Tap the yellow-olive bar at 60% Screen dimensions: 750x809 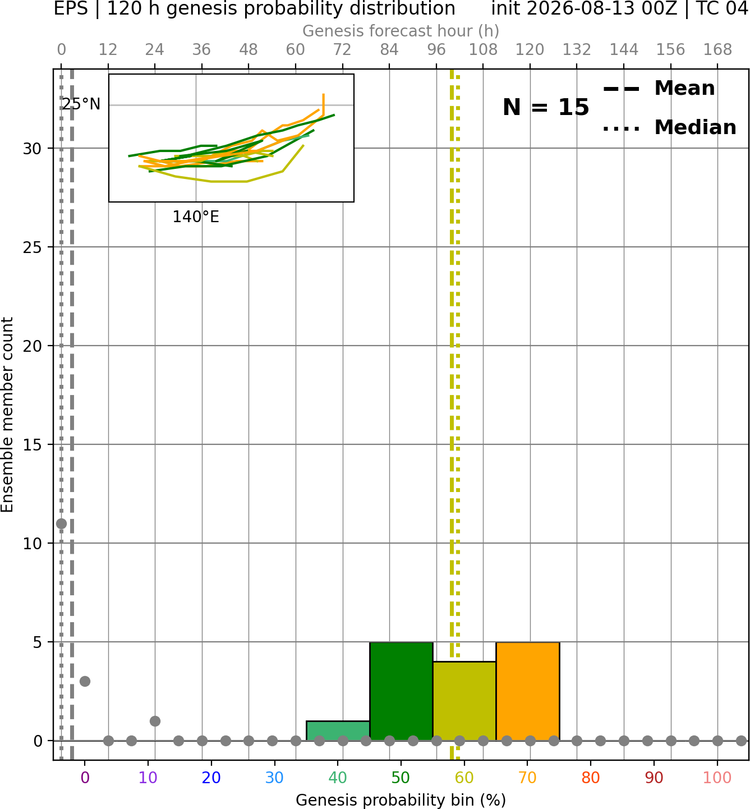[464, 701]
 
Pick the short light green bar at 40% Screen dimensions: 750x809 [338, 730]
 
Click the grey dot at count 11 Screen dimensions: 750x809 [61, 523]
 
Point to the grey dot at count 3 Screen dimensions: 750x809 [85, 681]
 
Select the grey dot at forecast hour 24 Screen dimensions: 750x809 [155, 721]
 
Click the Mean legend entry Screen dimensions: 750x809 [659, 89]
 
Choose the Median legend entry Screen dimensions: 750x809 [669, 127]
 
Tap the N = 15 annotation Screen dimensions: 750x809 [546, 107]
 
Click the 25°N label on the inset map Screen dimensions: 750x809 [81, 104]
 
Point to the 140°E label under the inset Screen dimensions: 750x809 [196, 217]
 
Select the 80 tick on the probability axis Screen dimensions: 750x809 [591, 778]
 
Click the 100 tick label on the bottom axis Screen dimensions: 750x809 [717, 778]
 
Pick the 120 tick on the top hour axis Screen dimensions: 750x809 [530, 50]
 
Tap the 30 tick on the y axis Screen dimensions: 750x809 [32, 149]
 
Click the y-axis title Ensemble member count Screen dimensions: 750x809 [7, 415]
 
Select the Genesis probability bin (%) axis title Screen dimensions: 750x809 [401, 800]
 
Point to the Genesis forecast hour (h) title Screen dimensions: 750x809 [401, 31]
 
